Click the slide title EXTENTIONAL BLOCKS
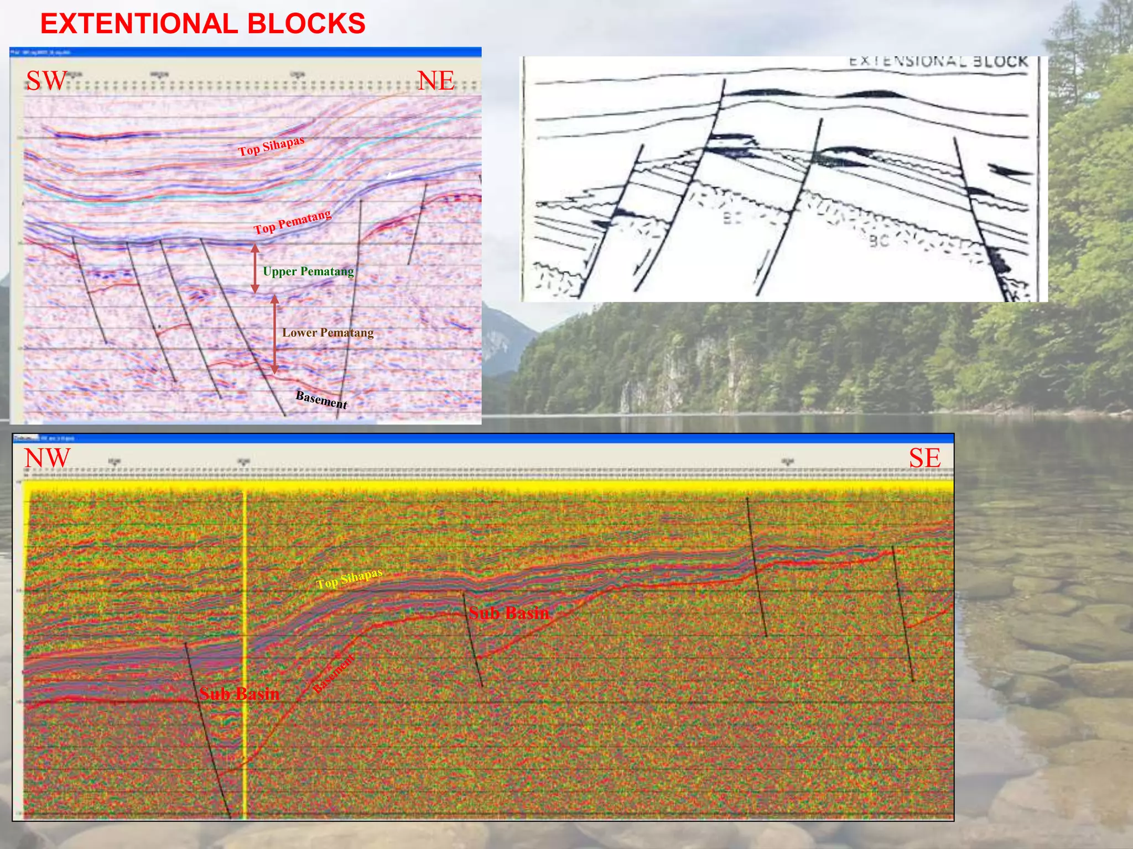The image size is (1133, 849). (x=202, y=24)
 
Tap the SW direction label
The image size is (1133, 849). (x=46, y=81)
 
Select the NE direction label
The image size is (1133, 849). (x=436, y=81)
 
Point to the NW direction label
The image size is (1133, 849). (x=48, y=458)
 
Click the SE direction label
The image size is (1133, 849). (x=924, y=458)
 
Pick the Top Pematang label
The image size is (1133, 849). (x=293, y=222)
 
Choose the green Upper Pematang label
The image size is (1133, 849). (x=308, y=271)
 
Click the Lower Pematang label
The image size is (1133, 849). (x=328, y=333)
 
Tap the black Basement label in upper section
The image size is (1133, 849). (x=321, y=399)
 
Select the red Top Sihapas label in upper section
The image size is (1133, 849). (x=271, y=146)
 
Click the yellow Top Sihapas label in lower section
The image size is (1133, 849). (x=349, y=579)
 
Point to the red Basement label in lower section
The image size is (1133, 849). (x=333, y=673)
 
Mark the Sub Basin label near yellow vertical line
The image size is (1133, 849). (x=240, y=694)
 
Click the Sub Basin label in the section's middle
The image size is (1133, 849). (x=509, y=612)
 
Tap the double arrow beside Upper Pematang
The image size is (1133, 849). (x=255, y=269)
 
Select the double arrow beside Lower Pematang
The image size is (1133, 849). (x=274, y=334)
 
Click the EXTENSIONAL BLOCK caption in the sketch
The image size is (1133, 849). (x=938, y=62)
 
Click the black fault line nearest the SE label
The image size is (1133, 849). (x=903, y=614)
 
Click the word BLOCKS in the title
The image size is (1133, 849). (x=306, y=24)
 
